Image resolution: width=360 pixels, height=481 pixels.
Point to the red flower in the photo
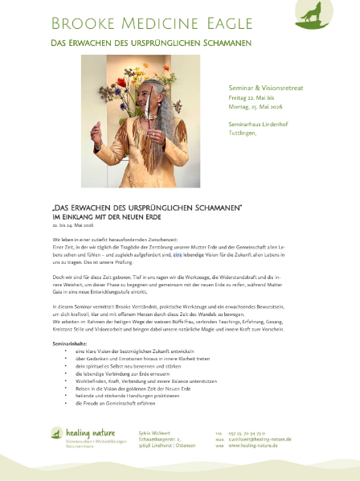(x=121, y=81)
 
